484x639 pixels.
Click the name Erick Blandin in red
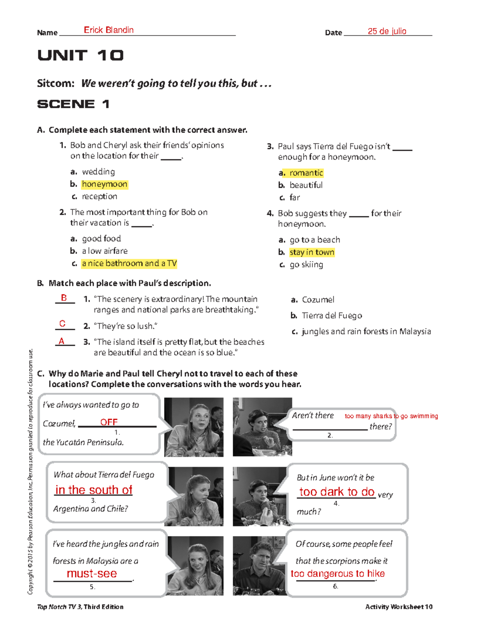(108, 30)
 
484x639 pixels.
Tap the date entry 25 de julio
(386, 31)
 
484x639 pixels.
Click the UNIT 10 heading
(80, 55)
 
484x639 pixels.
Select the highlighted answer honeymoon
(104, 184)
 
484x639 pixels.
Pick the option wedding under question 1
(98, 172)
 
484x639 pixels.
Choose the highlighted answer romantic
(306, 173)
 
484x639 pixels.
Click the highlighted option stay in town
(312, 253)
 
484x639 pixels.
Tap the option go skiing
(306, 265)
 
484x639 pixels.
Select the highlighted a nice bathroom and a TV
(129, 264)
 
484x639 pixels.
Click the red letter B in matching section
(64, 298)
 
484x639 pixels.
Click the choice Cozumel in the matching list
(318, 300)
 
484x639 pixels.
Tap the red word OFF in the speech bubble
(108, 422)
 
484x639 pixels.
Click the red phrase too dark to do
(337, 492)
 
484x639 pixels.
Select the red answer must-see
(92, 574)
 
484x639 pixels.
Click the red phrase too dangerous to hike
(338, 574)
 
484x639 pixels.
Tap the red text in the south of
(94, 490)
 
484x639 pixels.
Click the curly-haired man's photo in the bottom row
(259, 566)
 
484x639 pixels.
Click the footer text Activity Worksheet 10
(398, 607)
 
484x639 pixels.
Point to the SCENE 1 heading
(73, 104)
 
